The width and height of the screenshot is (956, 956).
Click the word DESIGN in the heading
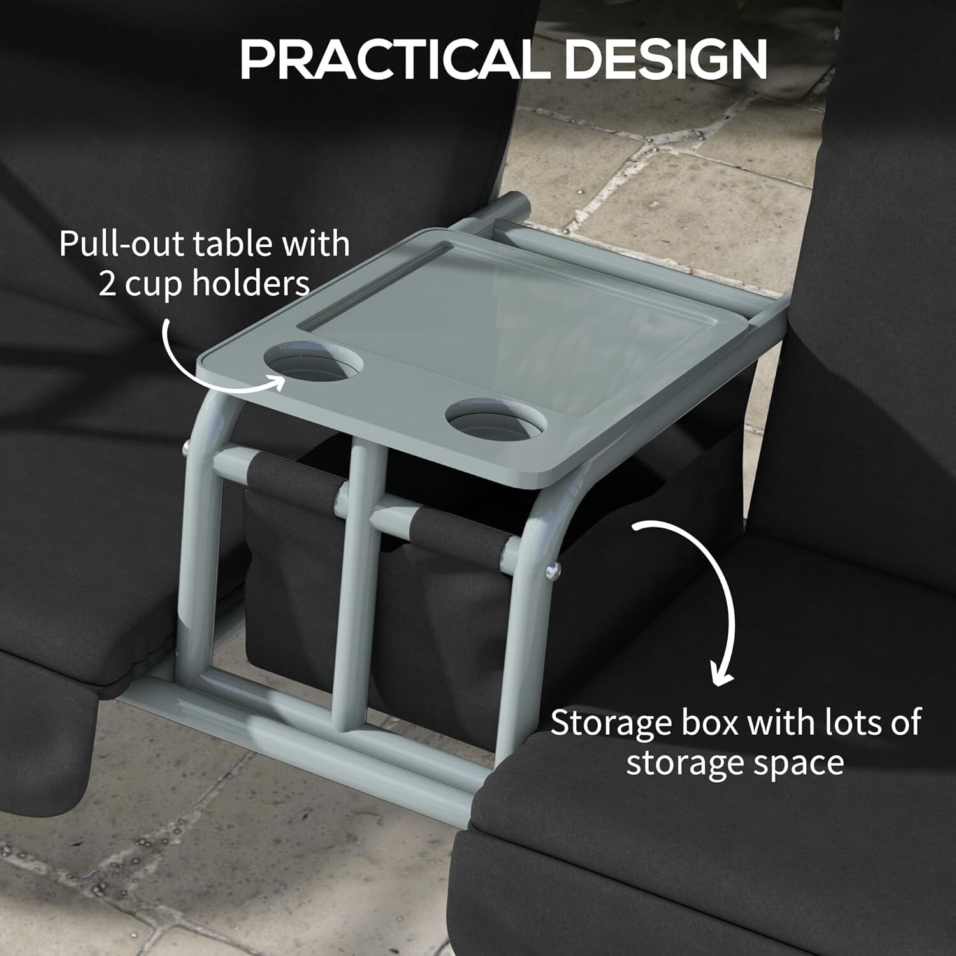[666, 59]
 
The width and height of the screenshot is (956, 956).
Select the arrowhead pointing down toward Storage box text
[721, 676]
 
